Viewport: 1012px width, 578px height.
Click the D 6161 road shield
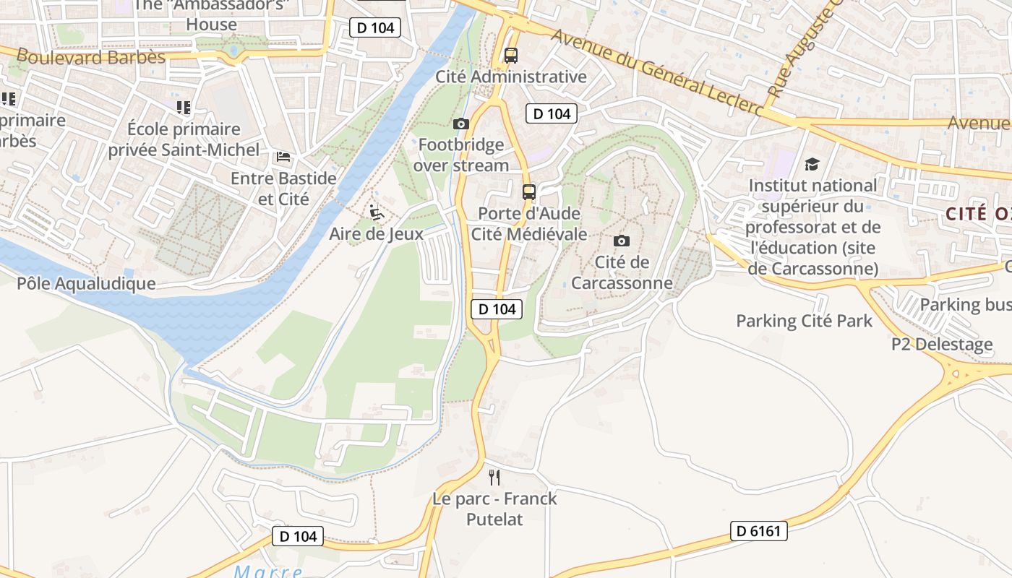(758, 531)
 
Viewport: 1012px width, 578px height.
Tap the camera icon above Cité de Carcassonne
(621, 241)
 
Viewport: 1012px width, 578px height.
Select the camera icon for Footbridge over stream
(460, 124)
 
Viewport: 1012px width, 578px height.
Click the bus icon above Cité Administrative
(511, 56)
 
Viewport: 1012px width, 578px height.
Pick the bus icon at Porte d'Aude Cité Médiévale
(529, 192)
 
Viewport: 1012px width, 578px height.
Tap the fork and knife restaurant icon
(494, 477)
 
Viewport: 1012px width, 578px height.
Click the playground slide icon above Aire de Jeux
(376, 212)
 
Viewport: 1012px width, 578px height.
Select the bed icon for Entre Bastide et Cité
(283, 157)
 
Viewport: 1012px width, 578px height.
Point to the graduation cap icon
(812, 165)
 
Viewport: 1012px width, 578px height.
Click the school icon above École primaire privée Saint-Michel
(184, 108)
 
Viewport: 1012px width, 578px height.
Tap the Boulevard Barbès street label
(91, 56)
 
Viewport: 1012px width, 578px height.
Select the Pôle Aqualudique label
(86, 283)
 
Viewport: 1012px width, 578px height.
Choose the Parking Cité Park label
(804, 321)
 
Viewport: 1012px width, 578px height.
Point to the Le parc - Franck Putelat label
(494, 509)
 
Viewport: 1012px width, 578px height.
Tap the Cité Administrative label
(510, 77)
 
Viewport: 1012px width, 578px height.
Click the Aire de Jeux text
(376, 233)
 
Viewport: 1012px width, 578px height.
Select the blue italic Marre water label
(268, 571)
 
